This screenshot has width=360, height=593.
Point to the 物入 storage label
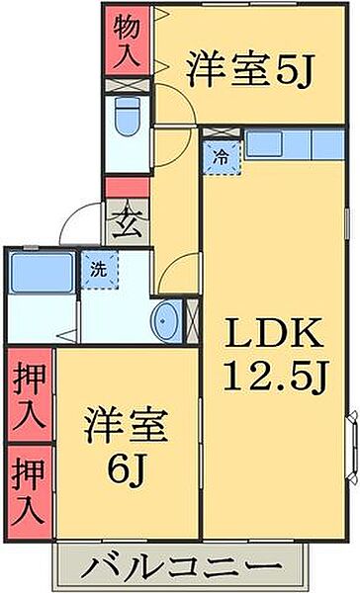(126, 41)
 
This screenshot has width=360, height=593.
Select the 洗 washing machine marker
(98, 268)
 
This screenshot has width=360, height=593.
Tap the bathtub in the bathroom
(41, 271)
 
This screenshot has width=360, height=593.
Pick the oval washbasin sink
(167, 319)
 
